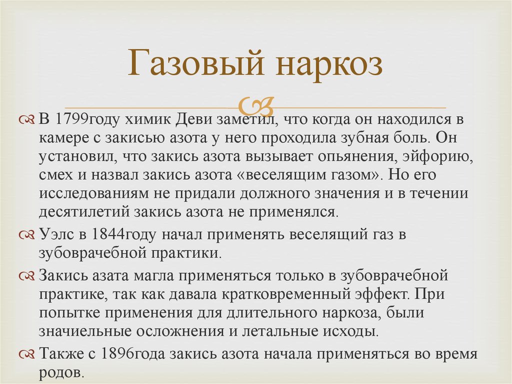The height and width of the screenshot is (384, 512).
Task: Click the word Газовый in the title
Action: [x=195, y=63]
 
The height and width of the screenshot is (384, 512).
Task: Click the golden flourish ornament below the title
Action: [x=255, y=105]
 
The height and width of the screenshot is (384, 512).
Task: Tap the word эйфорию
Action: [x=438, y=157]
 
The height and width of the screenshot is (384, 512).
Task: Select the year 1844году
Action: [x=124, y=235]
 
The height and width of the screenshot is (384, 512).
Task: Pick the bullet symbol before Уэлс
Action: [x=27, y=235]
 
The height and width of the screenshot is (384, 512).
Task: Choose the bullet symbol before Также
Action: [x=27, y=354]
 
